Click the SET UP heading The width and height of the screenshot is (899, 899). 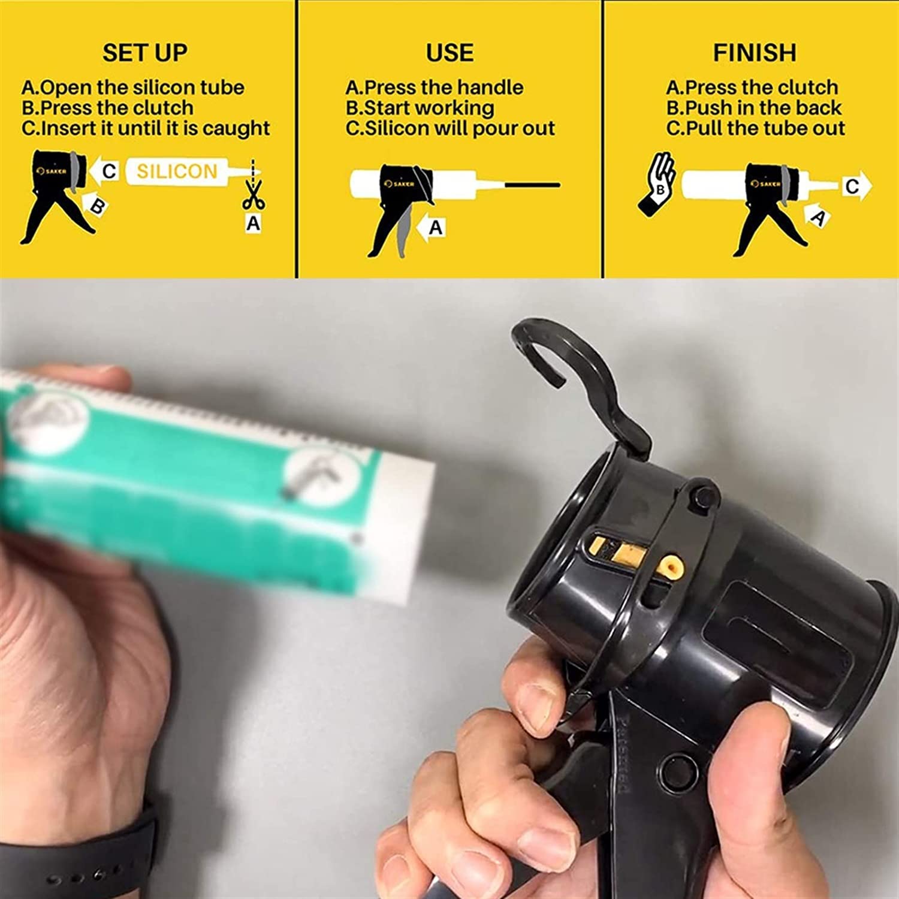(144, 53)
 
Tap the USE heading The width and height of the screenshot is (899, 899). (450, 53)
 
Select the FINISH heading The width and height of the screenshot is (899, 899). (754, 53)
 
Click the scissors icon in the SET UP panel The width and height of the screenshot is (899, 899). (254, 195)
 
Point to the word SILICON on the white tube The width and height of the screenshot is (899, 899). (177, 171)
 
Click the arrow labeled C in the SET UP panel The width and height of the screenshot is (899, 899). (105, 171)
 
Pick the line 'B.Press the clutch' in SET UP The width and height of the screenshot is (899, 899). (108, 108)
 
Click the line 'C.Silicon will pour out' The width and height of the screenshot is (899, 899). (450, 128)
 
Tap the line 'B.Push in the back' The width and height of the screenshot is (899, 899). (754, 108)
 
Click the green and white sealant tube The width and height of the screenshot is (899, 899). (210, 479)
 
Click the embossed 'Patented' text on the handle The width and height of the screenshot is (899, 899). (622, 755)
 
